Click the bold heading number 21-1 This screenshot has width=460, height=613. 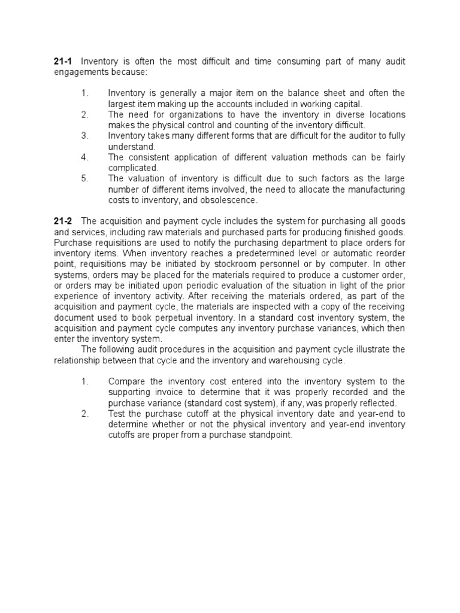pos(63,62)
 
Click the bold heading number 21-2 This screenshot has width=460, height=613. pos(63,221)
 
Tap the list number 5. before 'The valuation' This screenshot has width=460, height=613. pos(84,178)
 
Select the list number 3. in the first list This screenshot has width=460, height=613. pos(84,135)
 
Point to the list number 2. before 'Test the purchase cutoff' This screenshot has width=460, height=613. pos(84,414)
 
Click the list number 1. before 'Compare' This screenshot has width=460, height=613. pos(84,381)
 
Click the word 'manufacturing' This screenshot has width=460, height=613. pos(374,189)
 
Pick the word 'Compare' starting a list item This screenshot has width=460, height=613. pos(126,381)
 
